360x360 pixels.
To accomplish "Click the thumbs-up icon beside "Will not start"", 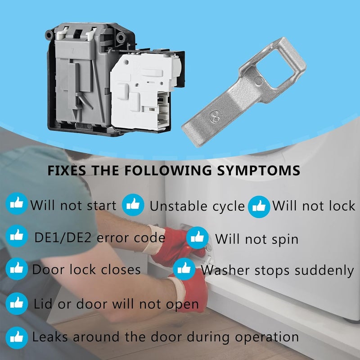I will pos(17,205).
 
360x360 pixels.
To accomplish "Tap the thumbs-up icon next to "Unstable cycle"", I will pos(133,205).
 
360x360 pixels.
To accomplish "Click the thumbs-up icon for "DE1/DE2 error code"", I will pos(17,236).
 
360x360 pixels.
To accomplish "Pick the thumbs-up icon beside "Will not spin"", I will pos(198,238).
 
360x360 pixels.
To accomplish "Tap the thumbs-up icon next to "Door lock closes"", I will pos(17,269).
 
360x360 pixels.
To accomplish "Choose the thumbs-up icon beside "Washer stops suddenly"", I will pos(184,269).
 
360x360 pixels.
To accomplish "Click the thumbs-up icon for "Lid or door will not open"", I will pos(17,303).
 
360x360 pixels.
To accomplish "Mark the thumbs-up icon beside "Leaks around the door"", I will pos(17,336).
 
